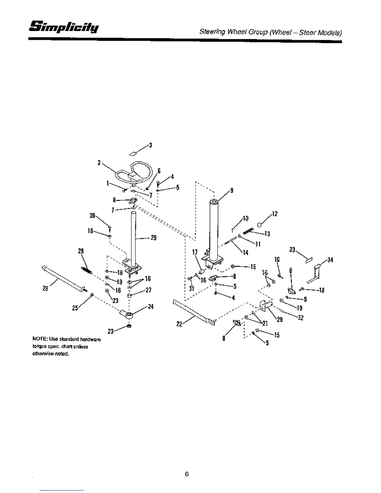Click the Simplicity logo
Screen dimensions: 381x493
[64, 27]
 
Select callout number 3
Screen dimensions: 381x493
[150, 145]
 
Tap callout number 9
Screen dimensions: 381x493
[231, 190]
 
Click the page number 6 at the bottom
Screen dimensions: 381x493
[187, 474]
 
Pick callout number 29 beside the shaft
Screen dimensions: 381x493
[153, 238]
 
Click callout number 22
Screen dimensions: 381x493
[179, 324]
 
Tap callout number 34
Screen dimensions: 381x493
[330, 260]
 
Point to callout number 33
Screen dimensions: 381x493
[292, 250]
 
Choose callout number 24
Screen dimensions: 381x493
[151, 307]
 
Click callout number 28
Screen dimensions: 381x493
[81, 251]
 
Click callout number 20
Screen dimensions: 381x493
[280, 319]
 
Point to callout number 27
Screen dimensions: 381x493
[148, 290]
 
